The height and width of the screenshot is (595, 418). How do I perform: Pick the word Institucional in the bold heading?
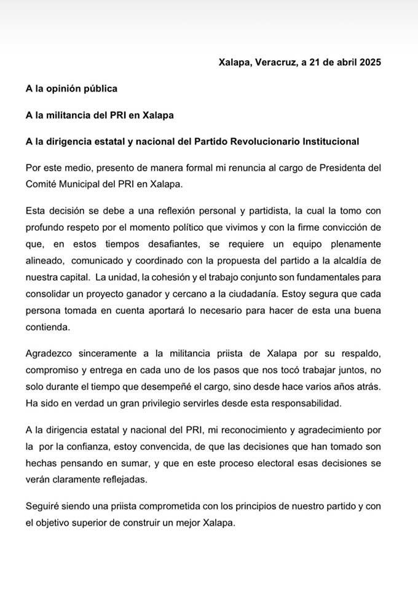tap(331, 141)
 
